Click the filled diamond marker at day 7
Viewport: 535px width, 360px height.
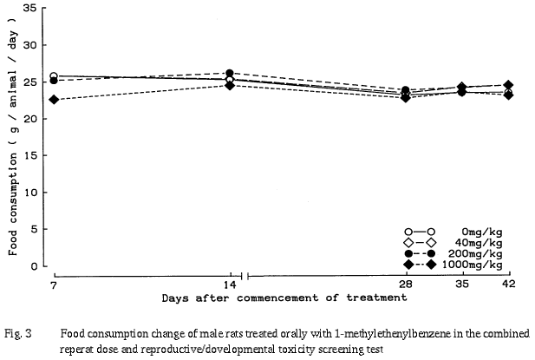click(54, 100)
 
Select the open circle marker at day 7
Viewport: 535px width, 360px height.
click(54, 76)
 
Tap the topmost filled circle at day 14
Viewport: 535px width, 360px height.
click(229, 74)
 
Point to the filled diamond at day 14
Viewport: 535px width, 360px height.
click(229, 85)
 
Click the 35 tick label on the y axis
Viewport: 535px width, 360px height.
click(29, 8)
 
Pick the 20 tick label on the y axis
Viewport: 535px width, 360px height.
click(29, 119)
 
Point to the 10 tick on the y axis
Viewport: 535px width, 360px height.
click(29, 193)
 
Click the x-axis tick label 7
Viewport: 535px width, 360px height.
click(54, 284)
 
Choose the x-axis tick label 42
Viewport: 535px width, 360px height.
click(508, 284)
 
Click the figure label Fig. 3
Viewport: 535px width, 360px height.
click(16, 332)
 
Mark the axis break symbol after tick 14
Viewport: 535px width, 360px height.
click(246, 277)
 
